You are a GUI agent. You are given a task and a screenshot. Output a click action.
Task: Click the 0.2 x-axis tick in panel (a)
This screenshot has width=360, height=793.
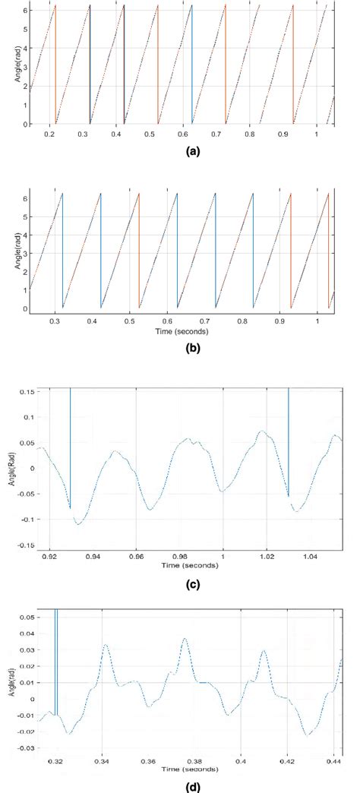tap(49, 134)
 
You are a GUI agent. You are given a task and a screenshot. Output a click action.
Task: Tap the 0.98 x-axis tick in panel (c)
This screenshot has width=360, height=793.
tap(179, 557)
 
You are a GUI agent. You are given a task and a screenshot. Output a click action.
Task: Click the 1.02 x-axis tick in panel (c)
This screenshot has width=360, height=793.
tap(267, 557)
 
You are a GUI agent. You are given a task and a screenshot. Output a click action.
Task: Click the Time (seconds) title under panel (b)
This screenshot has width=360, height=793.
tap(182, 332)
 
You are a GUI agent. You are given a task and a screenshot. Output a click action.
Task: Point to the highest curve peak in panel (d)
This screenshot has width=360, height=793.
tap(185, 639)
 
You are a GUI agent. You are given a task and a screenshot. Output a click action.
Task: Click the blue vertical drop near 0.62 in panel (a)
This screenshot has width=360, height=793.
tap(192, 65)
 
